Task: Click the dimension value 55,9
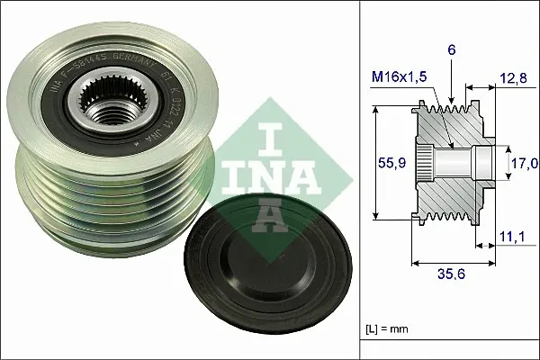[385, 164]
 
